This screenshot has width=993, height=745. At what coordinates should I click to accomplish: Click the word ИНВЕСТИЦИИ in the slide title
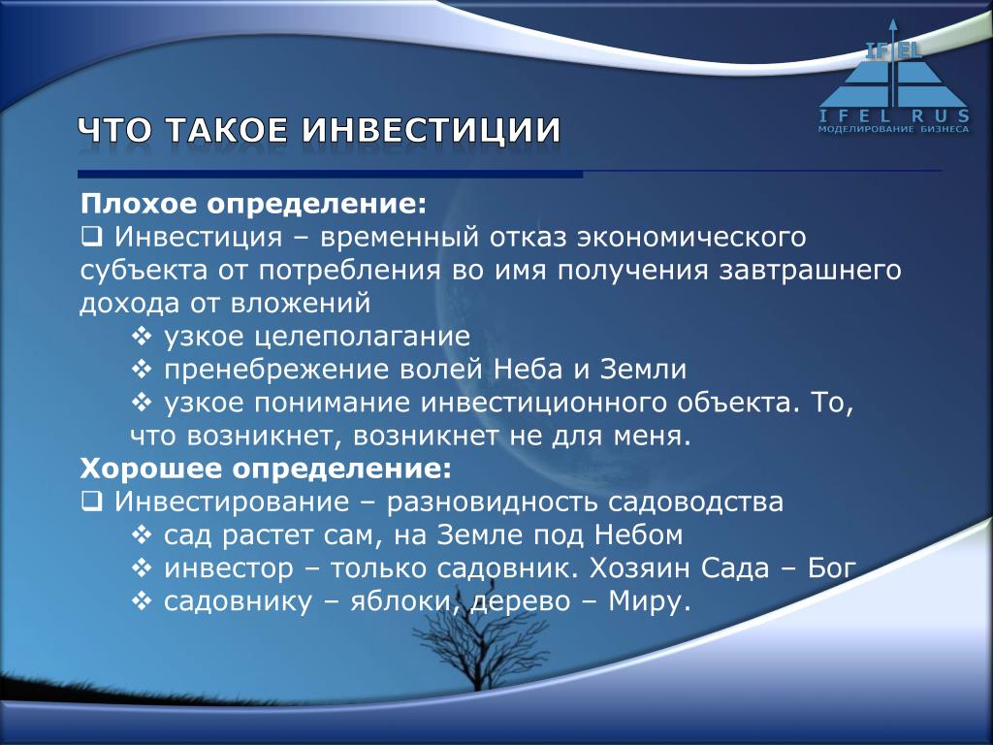[432, 131]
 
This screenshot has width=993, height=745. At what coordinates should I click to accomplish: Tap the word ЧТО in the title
[115, 131]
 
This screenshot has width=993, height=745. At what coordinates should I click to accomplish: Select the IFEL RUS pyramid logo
[893, 76]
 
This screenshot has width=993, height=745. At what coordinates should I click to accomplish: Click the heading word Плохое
[140, 205]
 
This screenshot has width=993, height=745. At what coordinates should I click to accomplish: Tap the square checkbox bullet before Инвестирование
[92, 502]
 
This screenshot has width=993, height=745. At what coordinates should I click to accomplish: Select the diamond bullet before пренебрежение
[142, 369]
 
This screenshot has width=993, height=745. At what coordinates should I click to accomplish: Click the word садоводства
[696, 502]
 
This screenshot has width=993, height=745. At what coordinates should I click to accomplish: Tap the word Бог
[832, 567]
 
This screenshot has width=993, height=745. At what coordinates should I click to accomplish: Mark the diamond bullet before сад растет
[142, 534]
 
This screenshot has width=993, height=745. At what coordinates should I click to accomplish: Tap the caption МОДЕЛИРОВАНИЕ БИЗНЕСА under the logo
[893, 129]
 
